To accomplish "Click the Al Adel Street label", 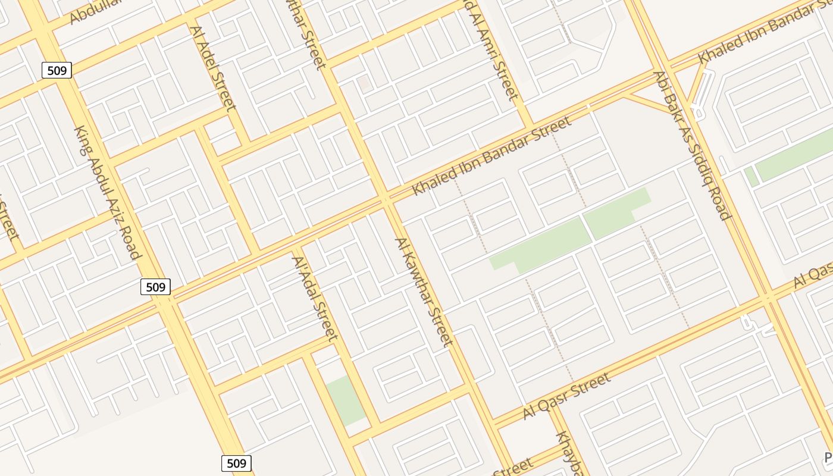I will tap(213, 67).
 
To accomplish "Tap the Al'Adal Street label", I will tap(314, 298).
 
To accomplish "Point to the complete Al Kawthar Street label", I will tap(424, 291).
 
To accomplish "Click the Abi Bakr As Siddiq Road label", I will tap(691, 145).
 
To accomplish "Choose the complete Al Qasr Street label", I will tap(566, 396).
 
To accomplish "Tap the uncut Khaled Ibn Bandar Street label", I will tap(491, 155).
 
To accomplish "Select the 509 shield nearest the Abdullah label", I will tap(57, 71).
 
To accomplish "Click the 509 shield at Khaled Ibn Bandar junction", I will tap(156, 287).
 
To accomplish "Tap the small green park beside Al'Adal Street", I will tap(345, 400).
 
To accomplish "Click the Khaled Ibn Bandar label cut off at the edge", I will tap(765, 31).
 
